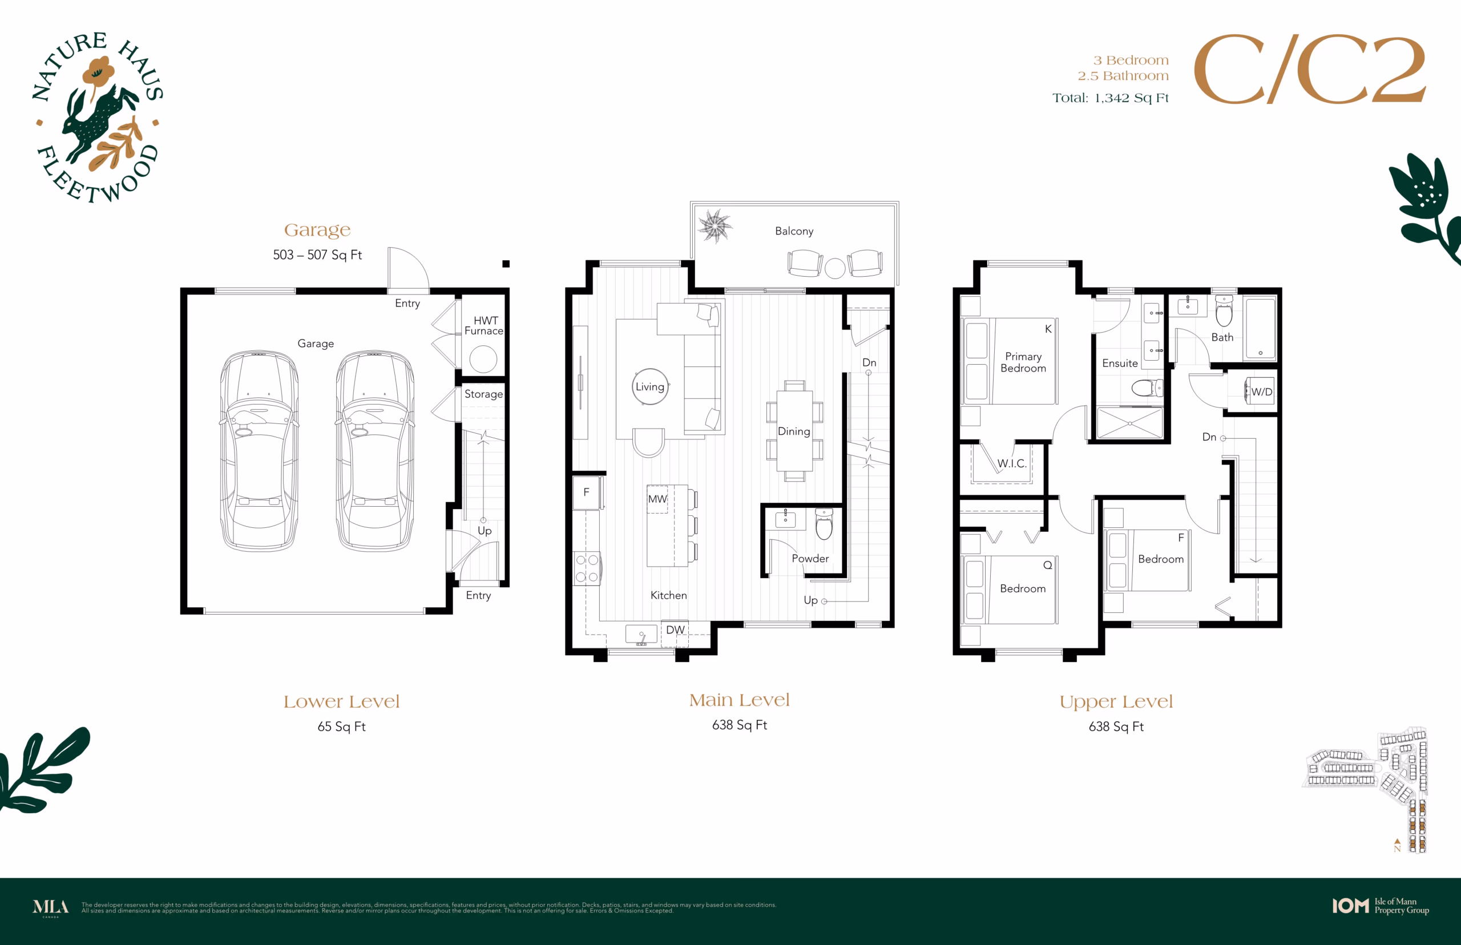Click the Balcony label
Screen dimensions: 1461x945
794,231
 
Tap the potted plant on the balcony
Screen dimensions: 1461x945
715,226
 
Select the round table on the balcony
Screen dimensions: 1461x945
835,268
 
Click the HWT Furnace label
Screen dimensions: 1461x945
484,325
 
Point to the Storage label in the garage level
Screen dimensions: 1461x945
483,394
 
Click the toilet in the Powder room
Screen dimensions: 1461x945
824,523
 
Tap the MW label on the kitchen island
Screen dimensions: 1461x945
657,499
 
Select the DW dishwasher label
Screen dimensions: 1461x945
675,629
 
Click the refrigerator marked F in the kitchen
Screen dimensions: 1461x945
587,492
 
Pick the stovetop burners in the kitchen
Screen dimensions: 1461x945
587,568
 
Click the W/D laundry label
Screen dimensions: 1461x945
1262,391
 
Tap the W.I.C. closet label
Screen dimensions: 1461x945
1012,463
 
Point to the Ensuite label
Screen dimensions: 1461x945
1120,364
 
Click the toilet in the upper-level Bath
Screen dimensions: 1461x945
1224,310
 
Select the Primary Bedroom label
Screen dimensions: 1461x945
1023,362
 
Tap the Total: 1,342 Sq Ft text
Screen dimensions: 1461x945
1111,98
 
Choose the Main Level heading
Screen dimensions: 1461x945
740,700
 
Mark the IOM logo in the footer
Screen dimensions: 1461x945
1350,906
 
